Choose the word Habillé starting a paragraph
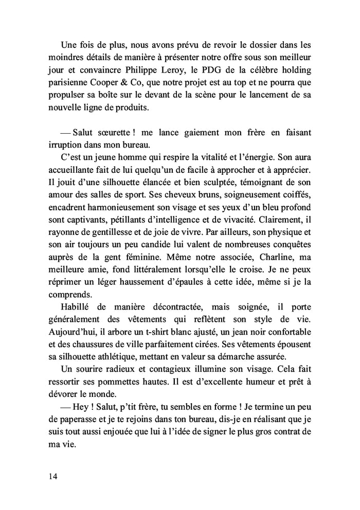click(x=76, y=307)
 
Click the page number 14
click(x=53, y=476)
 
